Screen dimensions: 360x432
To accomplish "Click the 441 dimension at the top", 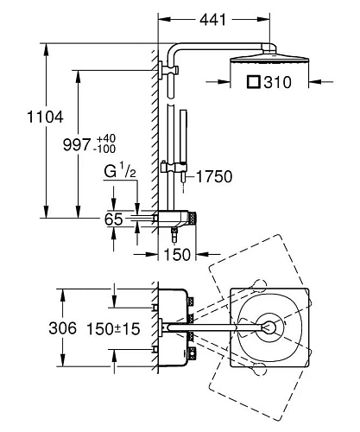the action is pyautogui.click(x=213, y=20).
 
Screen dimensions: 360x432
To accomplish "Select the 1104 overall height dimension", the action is pyautogui.click(x=45, y=118).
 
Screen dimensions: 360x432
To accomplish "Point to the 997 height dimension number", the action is pyautogui.click(x=77, y=144).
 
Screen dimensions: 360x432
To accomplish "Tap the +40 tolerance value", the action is pyautogui.click(x=106, y=138).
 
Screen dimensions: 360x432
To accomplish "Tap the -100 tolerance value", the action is pyautogui.click(x=106, y=149).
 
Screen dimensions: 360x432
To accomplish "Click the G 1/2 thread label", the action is pyautogui.click(x=120, y=170).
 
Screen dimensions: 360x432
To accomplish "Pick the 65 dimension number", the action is pyautogui.click(x=113, y=219).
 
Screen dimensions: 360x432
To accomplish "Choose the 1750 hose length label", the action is pyautogui.click(x=214, y=176).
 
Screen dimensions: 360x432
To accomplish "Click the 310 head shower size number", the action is pyautogui.click(x=278, y=82).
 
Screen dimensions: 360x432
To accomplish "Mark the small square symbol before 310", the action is pyautogui.click(x=254, y=82).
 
